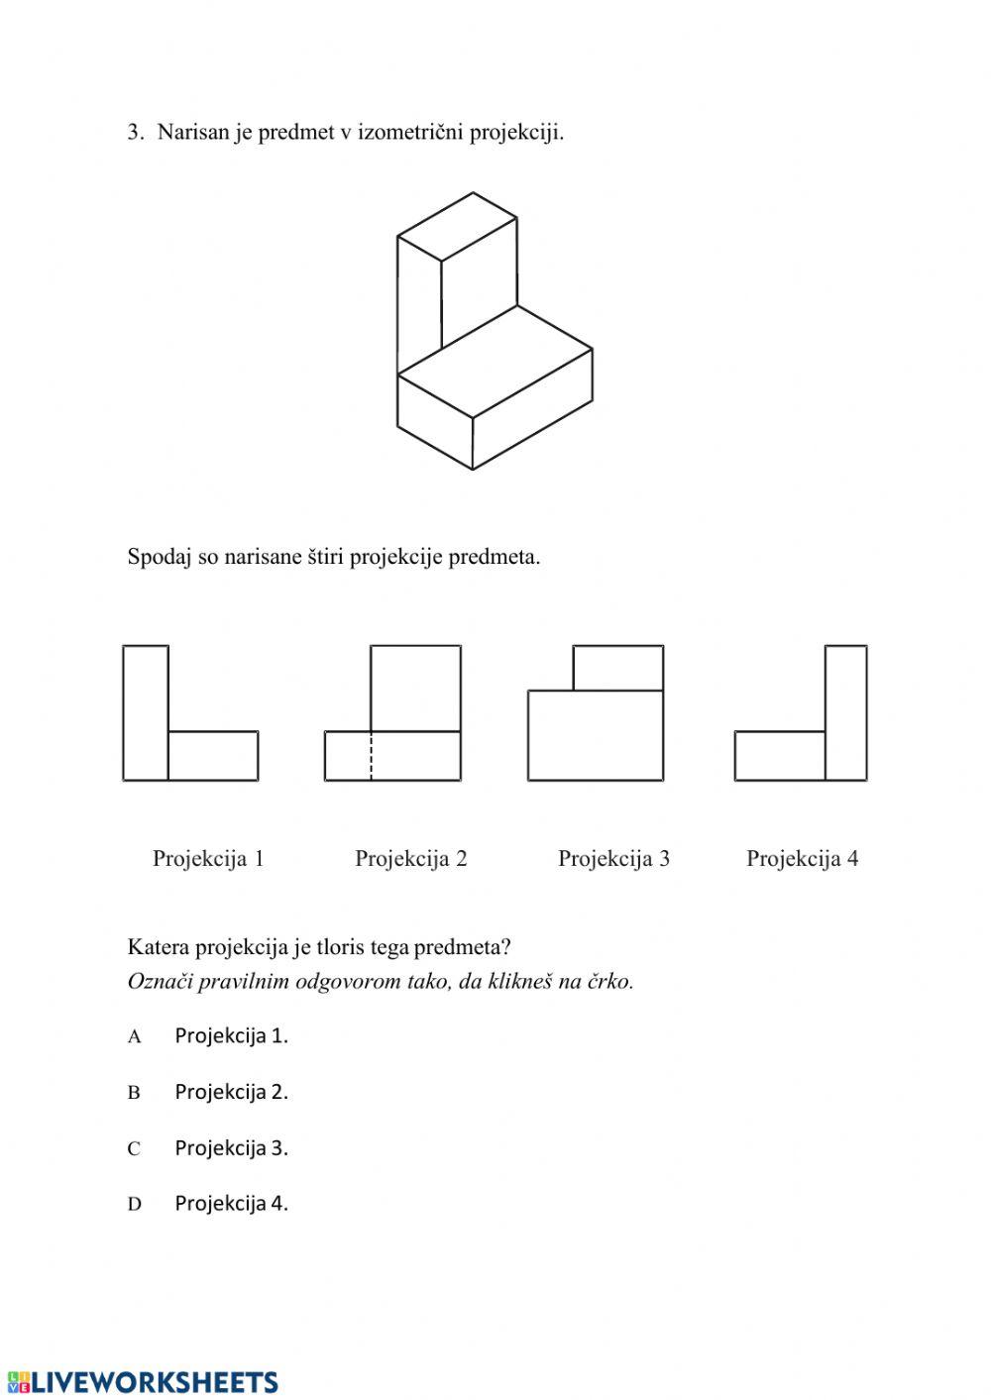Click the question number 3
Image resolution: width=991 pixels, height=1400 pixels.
134,133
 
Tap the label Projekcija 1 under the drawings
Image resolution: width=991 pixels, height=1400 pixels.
208,859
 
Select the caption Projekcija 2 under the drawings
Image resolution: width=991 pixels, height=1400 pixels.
410,859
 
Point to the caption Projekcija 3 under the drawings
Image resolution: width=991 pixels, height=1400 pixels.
613,859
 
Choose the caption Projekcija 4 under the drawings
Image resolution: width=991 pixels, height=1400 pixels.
802,859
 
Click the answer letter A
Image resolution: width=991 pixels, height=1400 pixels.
135,1037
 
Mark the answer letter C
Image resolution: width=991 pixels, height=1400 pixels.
134,1149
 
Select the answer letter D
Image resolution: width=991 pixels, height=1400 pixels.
135,1205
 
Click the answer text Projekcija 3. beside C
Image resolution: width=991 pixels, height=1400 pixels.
231,1148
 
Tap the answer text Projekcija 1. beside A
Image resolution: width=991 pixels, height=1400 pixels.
231,1036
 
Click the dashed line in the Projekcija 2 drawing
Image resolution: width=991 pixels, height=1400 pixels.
372,756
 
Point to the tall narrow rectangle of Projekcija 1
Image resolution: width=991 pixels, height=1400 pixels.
146,712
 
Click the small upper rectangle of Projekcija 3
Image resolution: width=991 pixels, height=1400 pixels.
618,668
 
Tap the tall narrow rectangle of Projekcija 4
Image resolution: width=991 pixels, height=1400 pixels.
845,712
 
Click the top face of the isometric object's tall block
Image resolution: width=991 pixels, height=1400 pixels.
457,226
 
